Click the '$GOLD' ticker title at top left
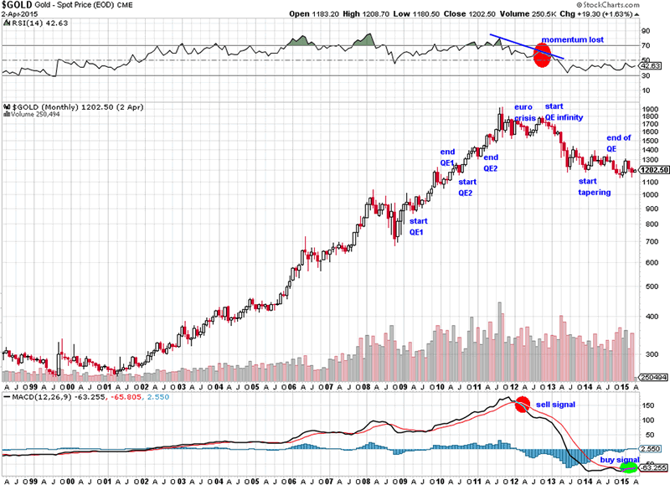tap(18, 6)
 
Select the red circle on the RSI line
tap(543, 57)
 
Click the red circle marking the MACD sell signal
tap(523, 405)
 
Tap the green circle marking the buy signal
tap(628, 467)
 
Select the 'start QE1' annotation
tap(419, 226)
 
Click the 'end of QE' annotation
tap(619, 143)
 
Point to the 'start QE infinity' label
tap(564, 112)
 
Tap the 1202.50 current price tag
tap(653, 170)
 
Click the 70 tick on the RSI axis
tap(646, 45)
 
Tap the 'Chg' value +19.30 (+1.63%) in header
tap(636, 14)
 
